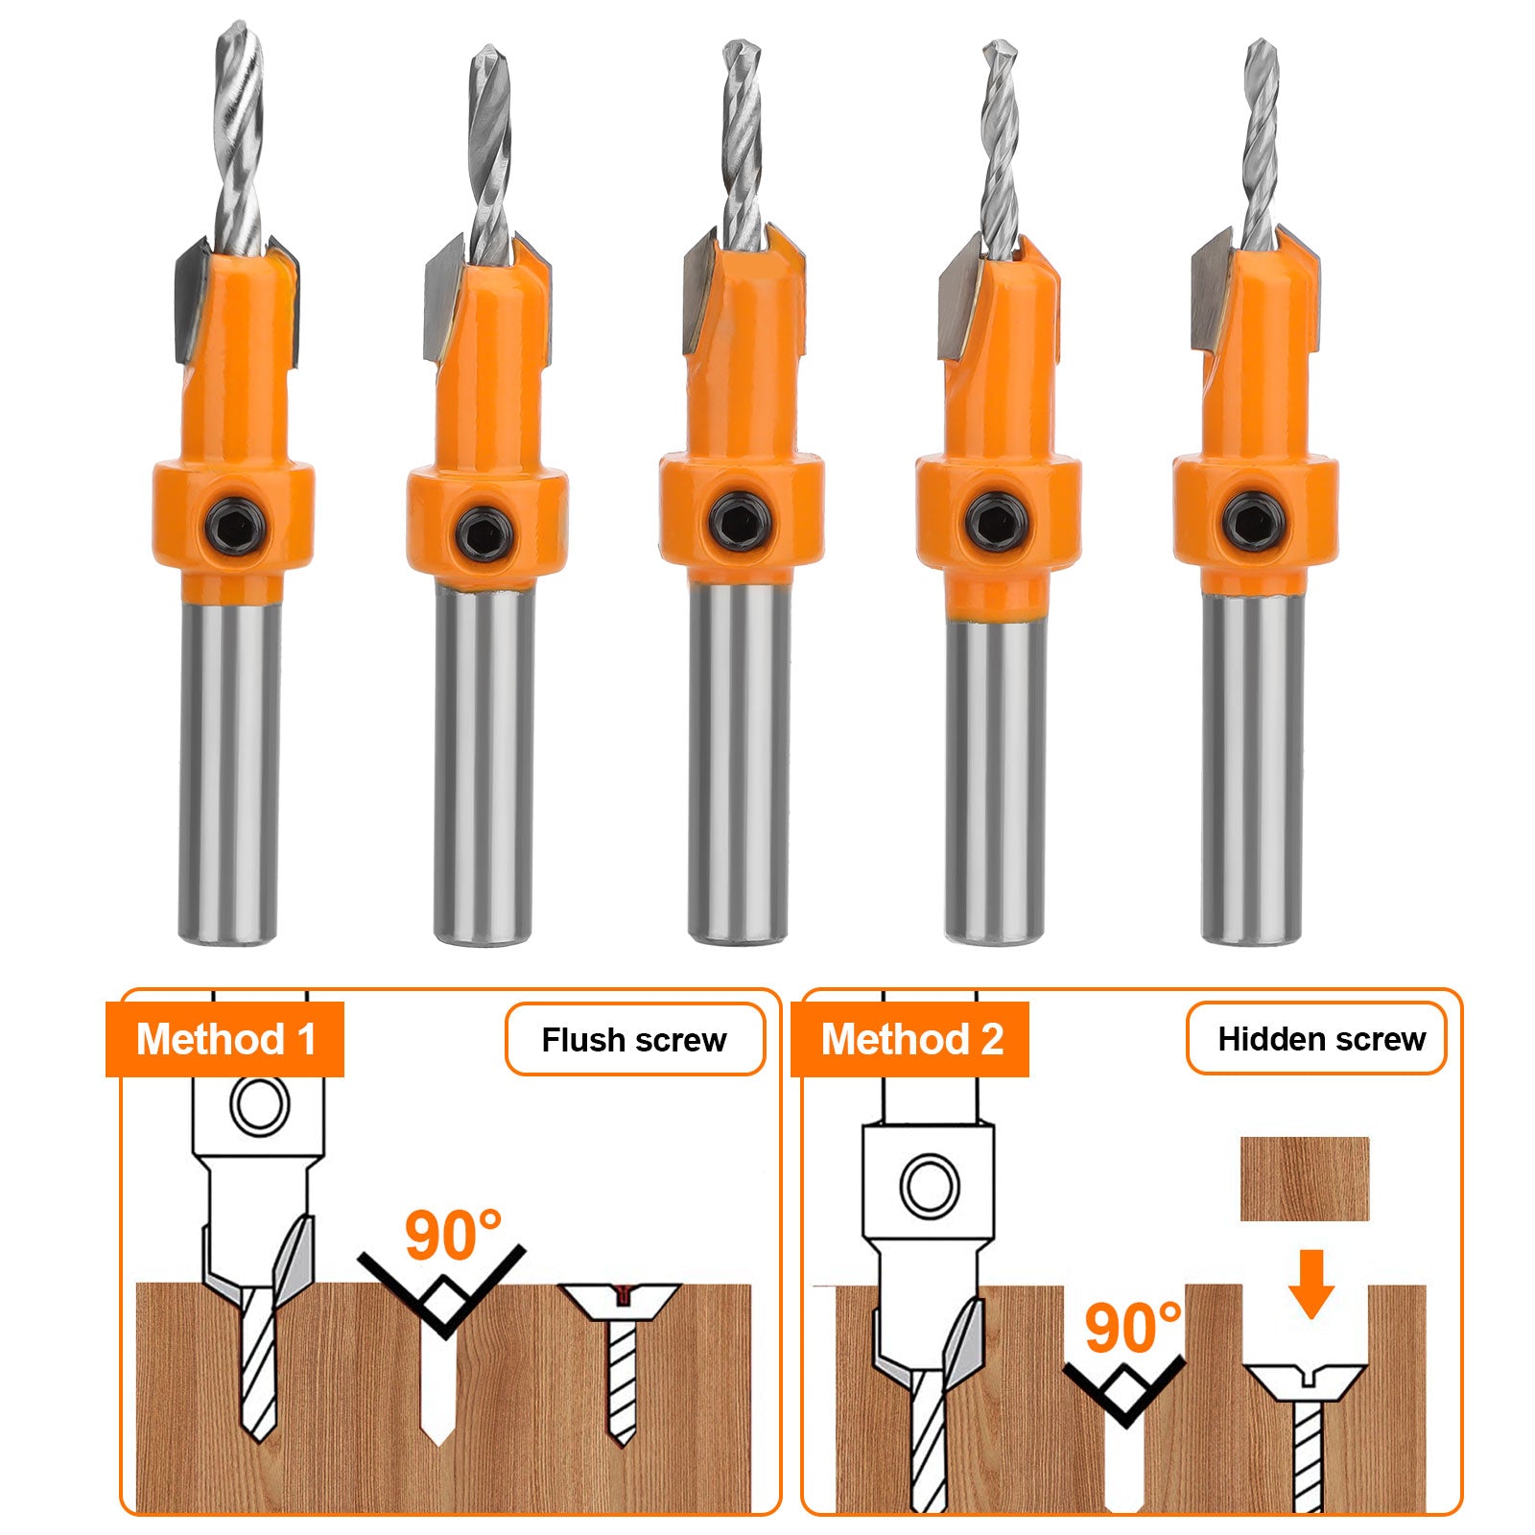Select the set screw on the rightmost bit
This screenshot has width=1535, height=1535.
1255,523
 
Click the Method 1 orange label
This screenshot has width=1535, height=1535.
224,1039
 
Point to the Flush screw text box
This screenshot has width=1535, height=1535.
634,1039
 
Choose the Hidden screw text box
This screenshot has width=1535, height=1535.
1316,1039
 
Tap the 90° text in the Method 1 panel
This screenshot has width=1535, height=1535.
453,1236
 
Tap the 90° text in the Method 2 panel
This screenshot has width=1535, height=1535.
1133,1329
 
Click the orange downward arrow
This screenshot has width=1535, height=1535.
1311,1284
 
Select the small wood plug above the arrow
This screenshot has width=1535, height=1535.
1304,1179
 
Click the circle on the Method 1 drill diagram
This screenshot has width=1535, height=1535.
259,1106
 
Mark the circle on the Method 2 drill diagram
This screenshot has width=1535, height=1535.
929,1186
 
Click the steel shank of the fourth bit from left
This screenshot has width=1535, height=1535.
994,782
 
